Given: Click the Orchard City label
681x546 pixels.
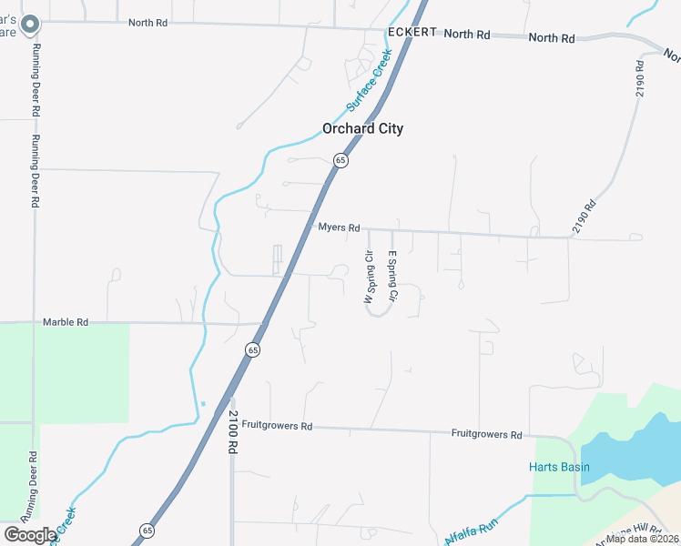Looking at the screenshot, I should click(362, 128).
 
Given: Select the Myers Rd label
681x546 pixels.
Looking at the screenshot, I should click(339, 227).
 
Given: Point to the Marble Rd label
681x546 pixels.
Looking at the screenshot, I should click(65, 322).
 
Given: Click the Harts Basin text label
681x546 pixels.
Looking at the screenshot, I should click(559, 468).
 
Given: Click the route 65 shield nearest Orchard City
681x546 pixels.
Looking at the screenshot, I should click(340, 160).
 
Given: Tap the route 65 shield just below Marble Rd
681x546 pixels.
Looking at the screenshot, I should click(252, 349).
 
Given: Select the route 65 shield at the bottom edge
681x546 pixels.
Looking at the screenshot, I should click(147, 530).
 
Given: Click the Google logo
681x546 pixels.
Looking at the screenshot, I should click(29, 535).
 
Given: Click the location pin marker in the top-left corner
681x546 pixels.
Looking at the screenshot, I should click(30, 24).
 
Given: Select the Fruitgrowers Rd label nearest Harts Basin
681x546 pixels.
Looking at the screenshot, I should click(486, 435).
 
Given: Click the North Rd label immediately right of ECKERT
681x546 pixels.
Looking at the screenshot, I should click(467, 35).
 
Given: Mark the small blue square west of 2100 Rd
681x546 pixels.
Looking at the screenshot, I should click(203, 403).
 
